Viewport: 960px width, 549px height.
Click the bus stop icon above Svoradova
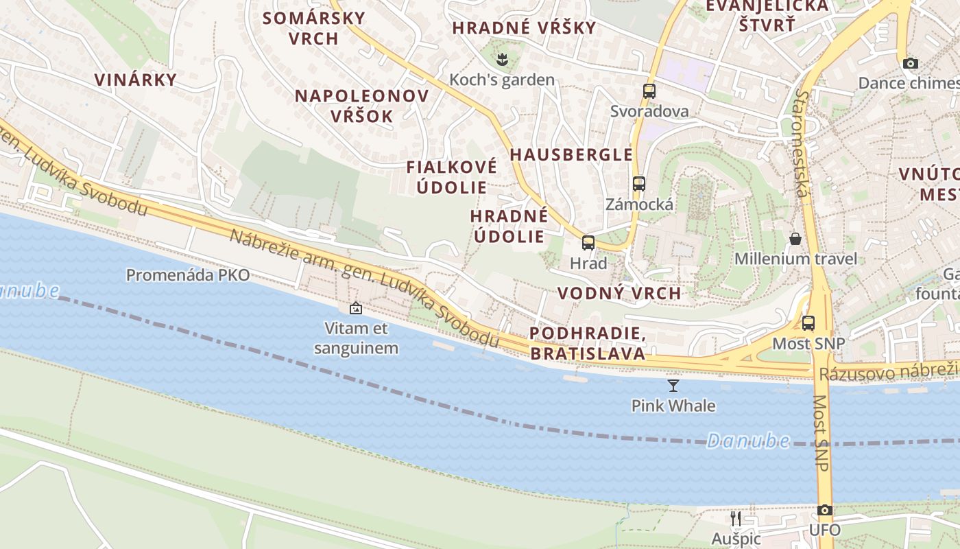[x=649, y=91]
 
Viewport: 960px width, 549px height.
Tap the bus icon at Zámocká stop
[x=639, y=184]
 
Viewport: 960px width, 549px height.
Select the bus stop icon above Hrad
[x=588, y=242]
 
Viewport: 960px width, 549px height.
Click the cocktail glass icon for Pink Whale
[x=673, y=386]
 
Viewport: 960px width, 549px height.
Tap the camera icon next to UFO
[x=825, y=511]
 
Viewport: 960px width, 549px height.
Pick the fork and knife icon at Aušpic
[x=736, y=518]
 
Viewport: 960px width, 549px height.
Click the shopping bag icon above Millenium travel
[x=795, y=239]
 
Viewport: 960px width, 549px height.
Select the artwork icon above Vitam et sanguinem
[x=355, y=308]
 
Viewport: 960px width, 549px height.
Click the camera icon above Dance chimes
[x=910, y=64]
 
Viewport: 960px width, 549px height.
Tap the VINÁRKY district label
[x=136, y=80]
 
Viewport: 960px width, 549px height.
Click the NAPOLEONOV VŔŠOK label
[x=362, y=106]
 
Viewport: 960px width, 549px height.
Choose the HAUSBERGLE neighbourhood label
[x=571, y=154]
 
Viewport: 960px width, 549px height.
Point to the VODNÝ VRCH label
[x=619, y=293]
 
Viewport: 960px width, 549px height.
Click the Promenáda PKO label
[x=187, y=275]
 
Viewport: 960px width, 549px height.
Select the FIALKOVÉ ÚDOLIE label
[x=451, y=177]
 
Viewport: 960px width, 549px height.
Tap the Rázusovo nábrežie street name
[x=889, y=373]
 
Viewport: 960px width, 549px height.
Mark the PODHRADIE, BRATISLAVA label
[x=588, y=344]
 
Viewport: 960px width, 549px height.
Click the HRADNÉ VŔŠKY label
[x=524, y=28]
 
